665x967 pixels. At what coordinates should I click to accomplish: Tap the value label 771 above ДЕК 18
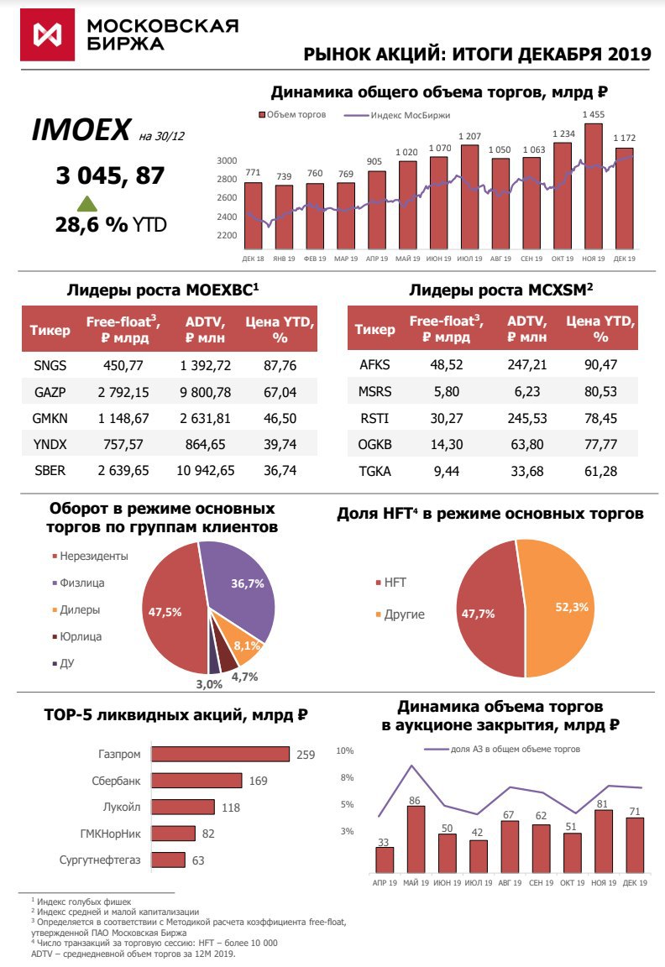pos(252,173)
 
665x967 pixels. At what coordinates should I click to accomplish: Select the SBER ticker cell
pos(51,470)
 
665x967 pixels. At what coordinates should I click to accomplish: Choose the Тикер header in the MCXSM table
pos(374,329)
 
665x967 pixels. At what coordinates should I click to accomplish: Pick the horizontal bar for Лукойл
pos(184,808)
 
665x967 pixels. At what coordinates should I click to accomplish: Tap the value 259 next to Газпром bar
pos(306,755)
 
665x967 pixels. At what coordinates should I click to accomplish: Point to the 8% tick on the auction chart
pos(347,777)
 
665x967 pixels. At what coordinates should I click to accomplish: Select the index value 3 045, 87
pos(110,175)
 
